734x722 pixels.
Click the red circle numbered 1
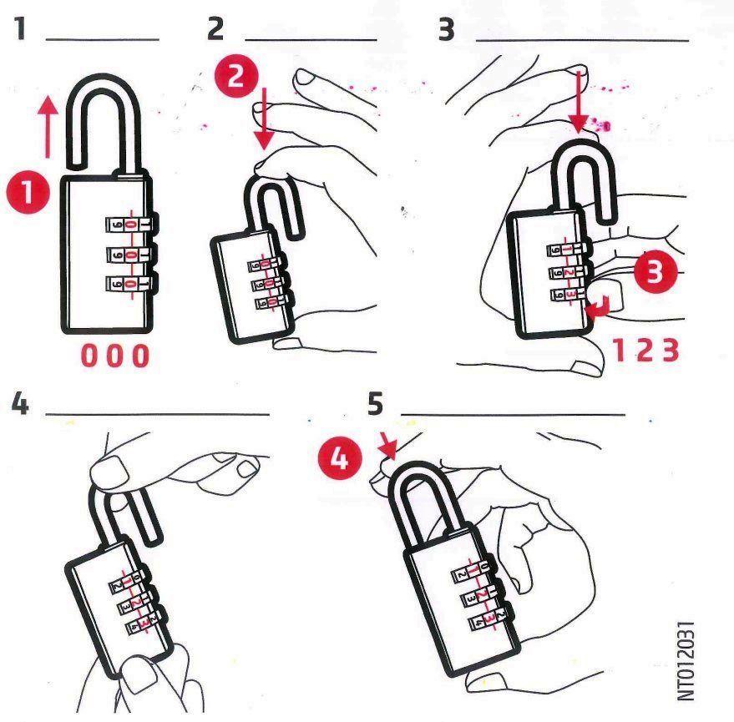(28, 192)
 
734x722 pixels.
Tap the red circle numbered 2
(236, 75)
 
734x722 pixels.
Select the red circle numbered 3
(656, 271)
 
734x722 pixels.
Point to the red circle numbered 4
(340, 458)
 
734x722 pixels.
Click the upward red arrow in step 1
(48, 126)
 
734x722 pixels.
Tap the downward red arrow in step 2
(265, 119)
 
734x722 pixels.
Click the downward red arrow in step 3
(579, 102)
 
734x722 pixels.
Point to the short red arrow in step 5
(389, 445)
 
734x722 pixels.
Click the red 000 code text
(115, 356)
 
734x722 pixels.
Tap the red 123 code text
(645, 350)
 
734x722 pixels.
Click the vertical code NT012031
(686, 661)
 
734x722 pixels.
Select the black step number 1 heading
(20, 28)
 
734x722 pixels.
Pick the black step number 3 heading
(446, 29)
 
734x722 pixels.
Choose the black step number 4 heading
(20, 403)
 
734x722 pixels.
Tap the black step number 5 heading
(376, 403)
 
